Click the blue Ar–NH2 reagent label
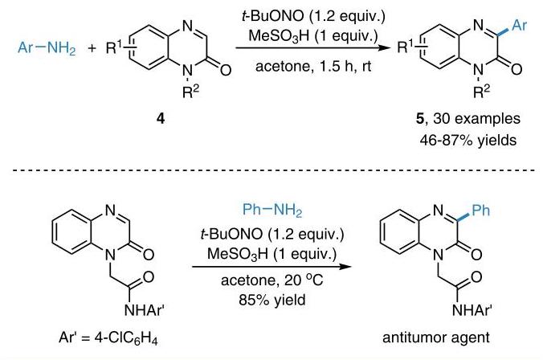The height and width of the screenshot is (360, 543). [47, 47]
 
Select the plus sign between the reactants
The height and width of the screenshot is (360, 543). [92, 48]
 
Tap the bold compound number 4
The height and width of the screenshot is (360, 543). [161, 119]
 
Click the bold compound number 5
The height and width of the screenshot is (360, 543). [420, 119]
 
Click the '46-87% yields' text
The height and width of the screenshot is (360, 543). [468, 141]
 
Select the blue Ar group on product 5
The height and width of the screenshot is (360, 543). [519, 25]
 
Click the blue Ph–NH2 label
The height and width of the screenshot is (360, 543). [272, 210]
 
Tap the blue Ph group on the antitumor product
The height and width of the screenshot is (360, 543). [481, 210]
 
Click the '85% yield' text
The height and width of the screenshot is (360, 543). [272, 300]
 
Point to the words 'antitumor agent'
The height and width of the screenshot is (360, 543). [436, 337]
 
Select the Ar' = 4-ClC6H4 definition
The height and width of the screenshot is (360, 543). [108, 337]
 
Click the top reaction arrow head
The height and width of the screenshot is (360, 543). [385, 47]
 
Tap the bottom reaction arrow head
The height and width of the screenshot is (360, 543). [345, 267]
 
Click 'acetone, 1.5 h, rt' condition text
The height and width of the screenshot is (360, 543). [313, 67]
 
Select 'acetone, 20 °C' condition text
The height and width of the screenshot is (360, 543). [272, 280]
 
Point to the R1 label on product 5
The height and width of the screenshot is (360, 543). [405, 47]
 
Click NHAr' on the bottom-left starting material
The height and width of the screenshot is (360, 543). [144, 309]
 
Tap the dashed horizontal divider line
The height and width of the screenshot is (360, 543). [274, 170]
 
